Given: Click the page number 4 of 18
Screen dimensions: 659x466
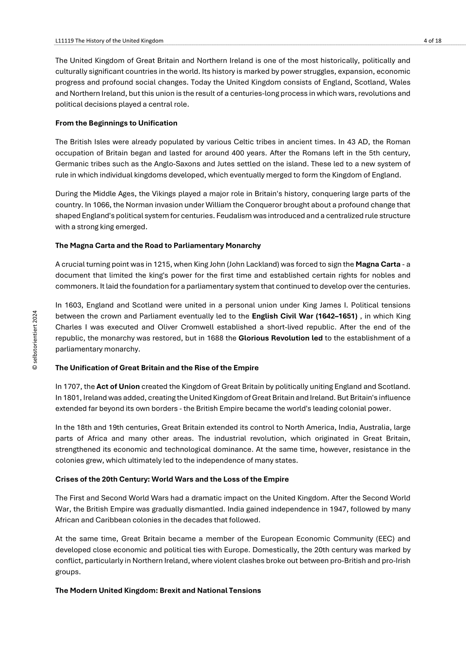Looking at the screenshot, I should [x=433, y=41].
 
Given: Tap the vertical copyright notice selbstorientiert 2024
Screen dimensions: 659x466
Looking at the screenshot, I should [x=35, y=340].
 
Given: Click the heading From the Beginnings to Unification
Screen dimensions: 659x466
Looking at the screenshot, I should [x=116, y=123].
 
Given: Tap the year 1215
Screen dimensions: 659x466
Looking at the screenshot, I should [x=162, y=265].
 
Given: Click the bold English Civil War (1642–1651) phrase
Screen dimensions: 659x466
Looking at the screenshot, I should [x=304, y=316].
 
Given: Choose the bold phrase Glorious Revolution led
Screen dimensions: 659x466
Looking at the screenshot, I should [x=280, y=338].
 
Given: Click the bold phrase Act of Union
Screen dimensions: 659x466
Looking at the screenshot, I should [x=118, y=386].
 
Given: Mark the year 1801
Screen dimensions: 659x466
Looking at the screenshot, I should [x=72, y=398].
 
